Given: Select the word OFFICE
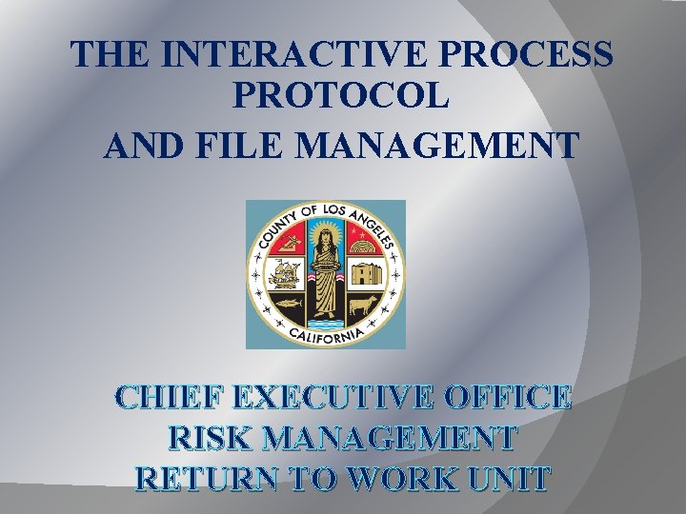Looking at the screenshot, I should pos(516,398).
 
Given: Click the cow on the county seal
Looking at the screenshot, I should pos(365,306).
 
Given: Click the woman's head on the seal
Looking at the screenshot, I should pos(326,232).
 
